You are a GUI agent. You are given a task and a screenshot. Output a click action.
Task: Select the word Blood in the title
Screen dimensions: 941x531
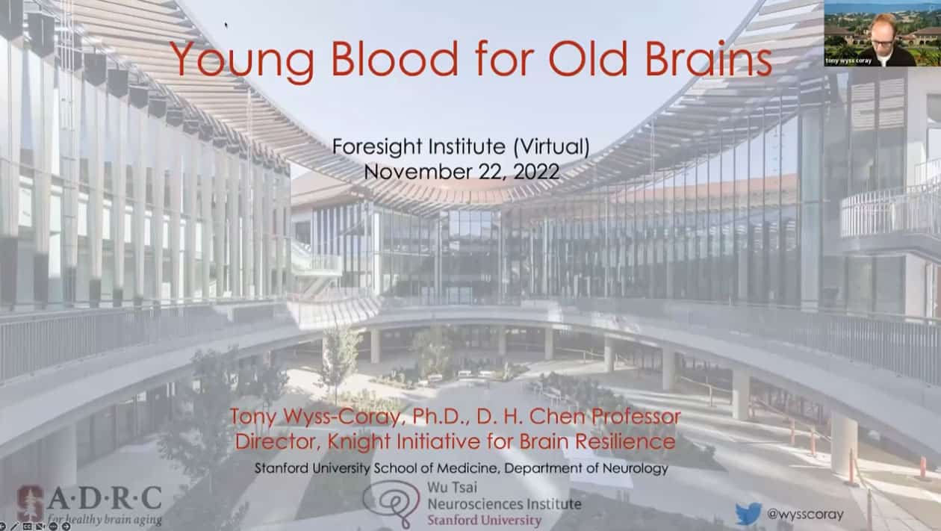(394, 58)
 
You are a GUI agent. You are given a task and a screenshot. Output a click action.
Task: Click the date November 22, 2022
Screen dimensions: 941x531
(462, 172)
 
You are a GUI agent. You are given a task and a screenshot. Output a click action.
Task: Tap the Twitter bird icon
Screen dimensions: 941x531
(748, 513)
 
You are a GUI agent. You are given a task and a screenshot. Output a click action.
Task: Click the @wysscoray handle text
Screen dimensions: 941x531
(805, 514)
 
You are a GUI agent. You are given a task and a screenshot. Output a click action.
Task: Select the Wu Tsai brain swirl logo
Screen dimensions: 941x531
(391, 503)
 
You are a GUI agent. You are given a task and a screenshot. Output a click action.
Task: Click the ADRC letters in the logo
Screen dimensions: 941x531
(105, 498)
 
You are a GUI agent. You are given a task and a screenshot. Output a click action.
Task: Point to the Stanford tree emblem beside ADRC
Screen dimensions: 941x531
(30, 503)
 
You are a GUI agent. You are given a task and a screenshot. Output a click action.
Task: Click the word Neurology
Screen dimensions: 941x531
(635, 468)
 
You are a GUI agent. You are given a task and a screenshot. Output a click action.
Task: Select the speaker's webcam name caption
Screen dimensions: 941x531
(848, 61)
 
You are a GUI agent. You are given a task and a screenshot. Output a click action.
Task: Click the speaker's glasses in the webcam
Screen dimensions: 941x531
(882, 43)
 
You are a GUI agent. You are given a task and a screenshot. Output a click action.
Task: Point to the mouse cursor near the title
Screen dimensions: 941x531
(226, 25)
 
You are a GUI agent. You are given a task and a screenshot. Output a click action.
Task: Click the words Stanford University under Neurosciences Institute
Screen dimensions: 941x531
(484, 521)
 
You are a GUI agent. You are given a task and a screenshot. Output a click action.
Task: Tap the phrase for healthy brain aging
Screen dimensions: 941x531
(105, 519)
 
